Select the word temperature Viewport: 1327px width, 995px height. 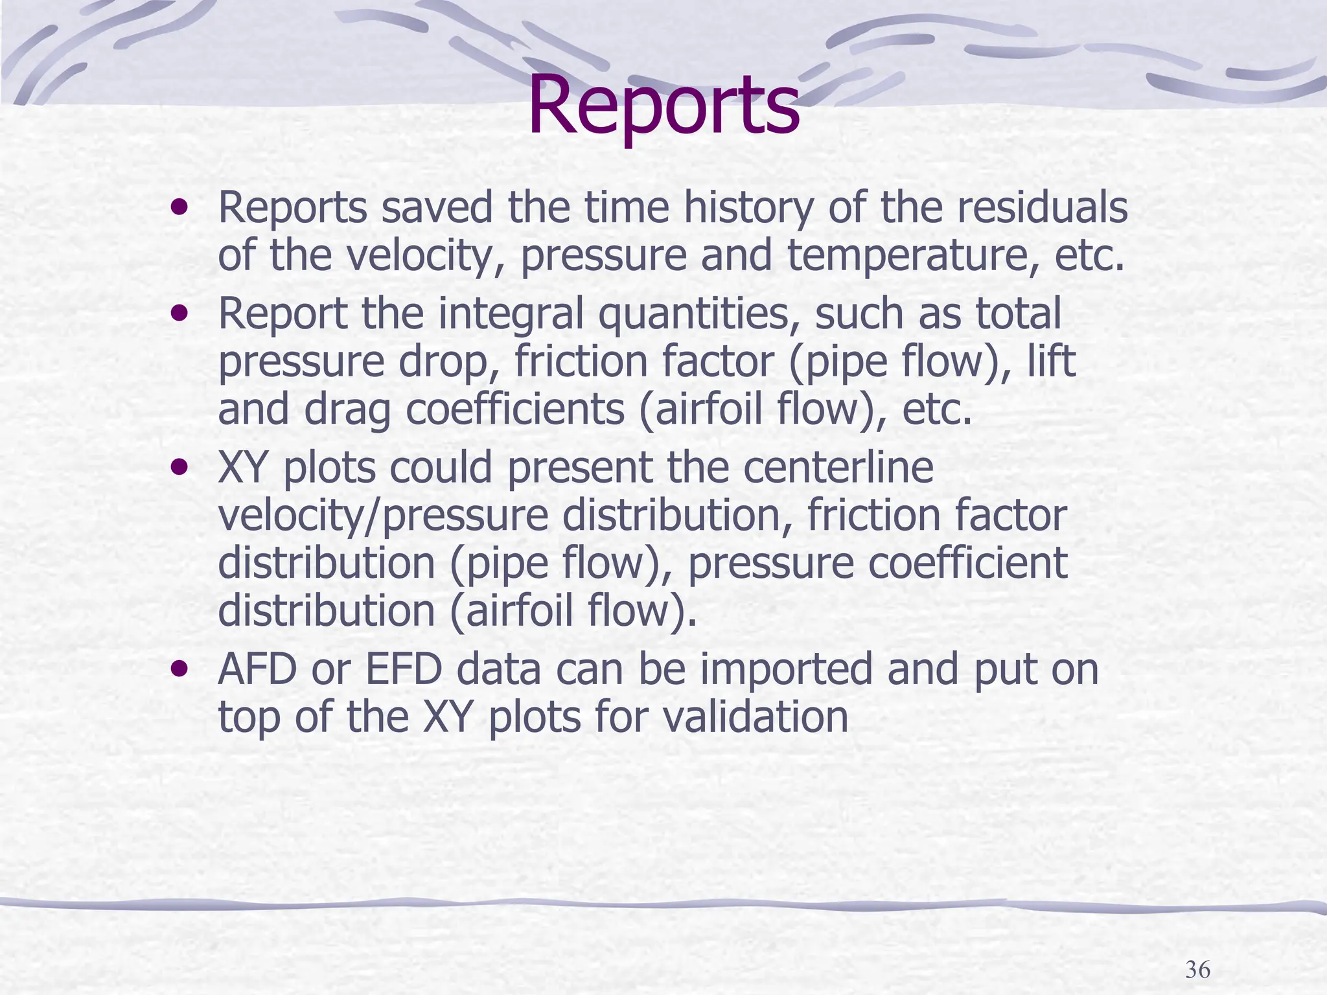click(913, 255)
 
